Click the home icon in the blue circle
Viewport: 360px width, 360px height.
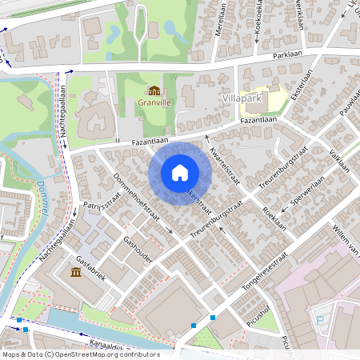coord(180,173)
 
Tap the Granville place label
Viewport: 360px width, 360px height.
coord(154,103)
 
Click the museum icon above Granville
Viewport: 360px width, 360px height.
coord(154,90)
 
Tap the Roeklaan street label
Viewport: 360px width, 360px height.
coord(274,218)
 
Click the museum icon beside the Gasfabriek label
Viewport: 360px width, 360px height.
coord(76,273)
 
